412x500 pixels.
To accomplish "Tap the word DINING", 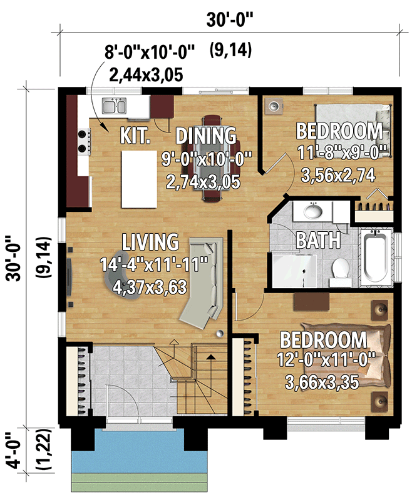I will click(206, 135).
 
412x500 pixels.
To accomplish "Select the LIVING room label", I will click(150, 241).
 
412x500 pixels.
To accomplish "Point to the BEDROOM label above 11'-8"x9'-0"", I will click(339, 131).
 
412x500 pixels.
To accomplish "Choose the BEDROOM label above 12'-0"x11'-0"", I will click(323, 340).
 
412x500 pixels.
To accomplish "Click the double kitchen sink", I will click(115, 107).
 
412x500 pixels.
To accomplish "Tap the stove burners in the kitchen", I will click(82, 141).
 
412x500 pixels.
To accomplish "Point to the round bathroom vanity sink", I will click(312, 211).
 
